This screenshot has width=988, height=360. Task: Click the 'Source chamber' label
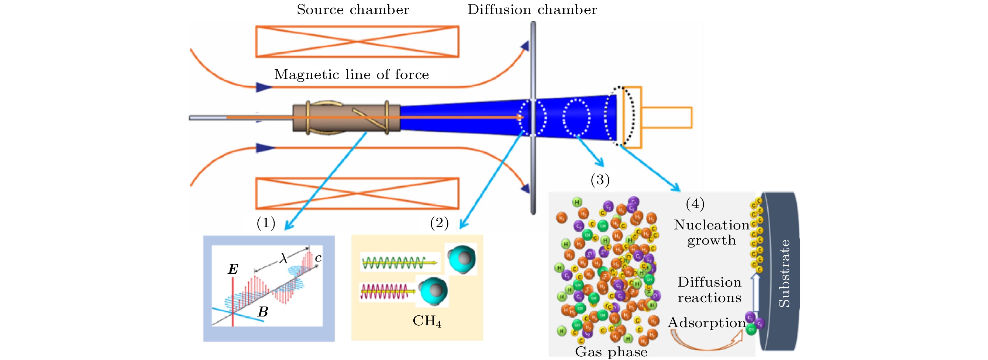[353, 10]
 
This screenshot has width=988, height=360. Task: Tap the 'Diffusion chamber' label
[532, 10]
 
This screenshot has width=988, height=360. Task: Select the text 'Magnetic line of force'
[351, 75]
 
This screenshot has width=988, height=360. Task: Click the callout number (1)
[266, 223]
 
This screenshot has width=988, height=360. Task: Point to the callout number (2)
[439, 223]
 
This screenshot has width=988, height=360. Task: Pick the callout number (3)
[600, 179]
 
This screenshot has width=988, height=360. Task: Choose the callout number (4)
[695, 204]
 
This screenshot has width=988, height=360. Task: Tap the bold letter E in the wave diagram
[233, 269]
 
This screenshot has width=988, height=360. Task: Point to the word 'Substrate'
[784, 273]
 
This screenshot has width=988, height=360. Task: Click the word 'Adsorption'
[706, 323]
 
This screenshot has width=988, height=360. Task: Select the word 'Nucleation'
[712, 225]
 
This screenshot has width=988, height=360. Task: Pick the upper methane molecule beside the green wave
[462, 259]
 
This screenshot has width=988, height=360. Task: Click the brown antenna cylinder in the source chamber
[346, 118]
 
